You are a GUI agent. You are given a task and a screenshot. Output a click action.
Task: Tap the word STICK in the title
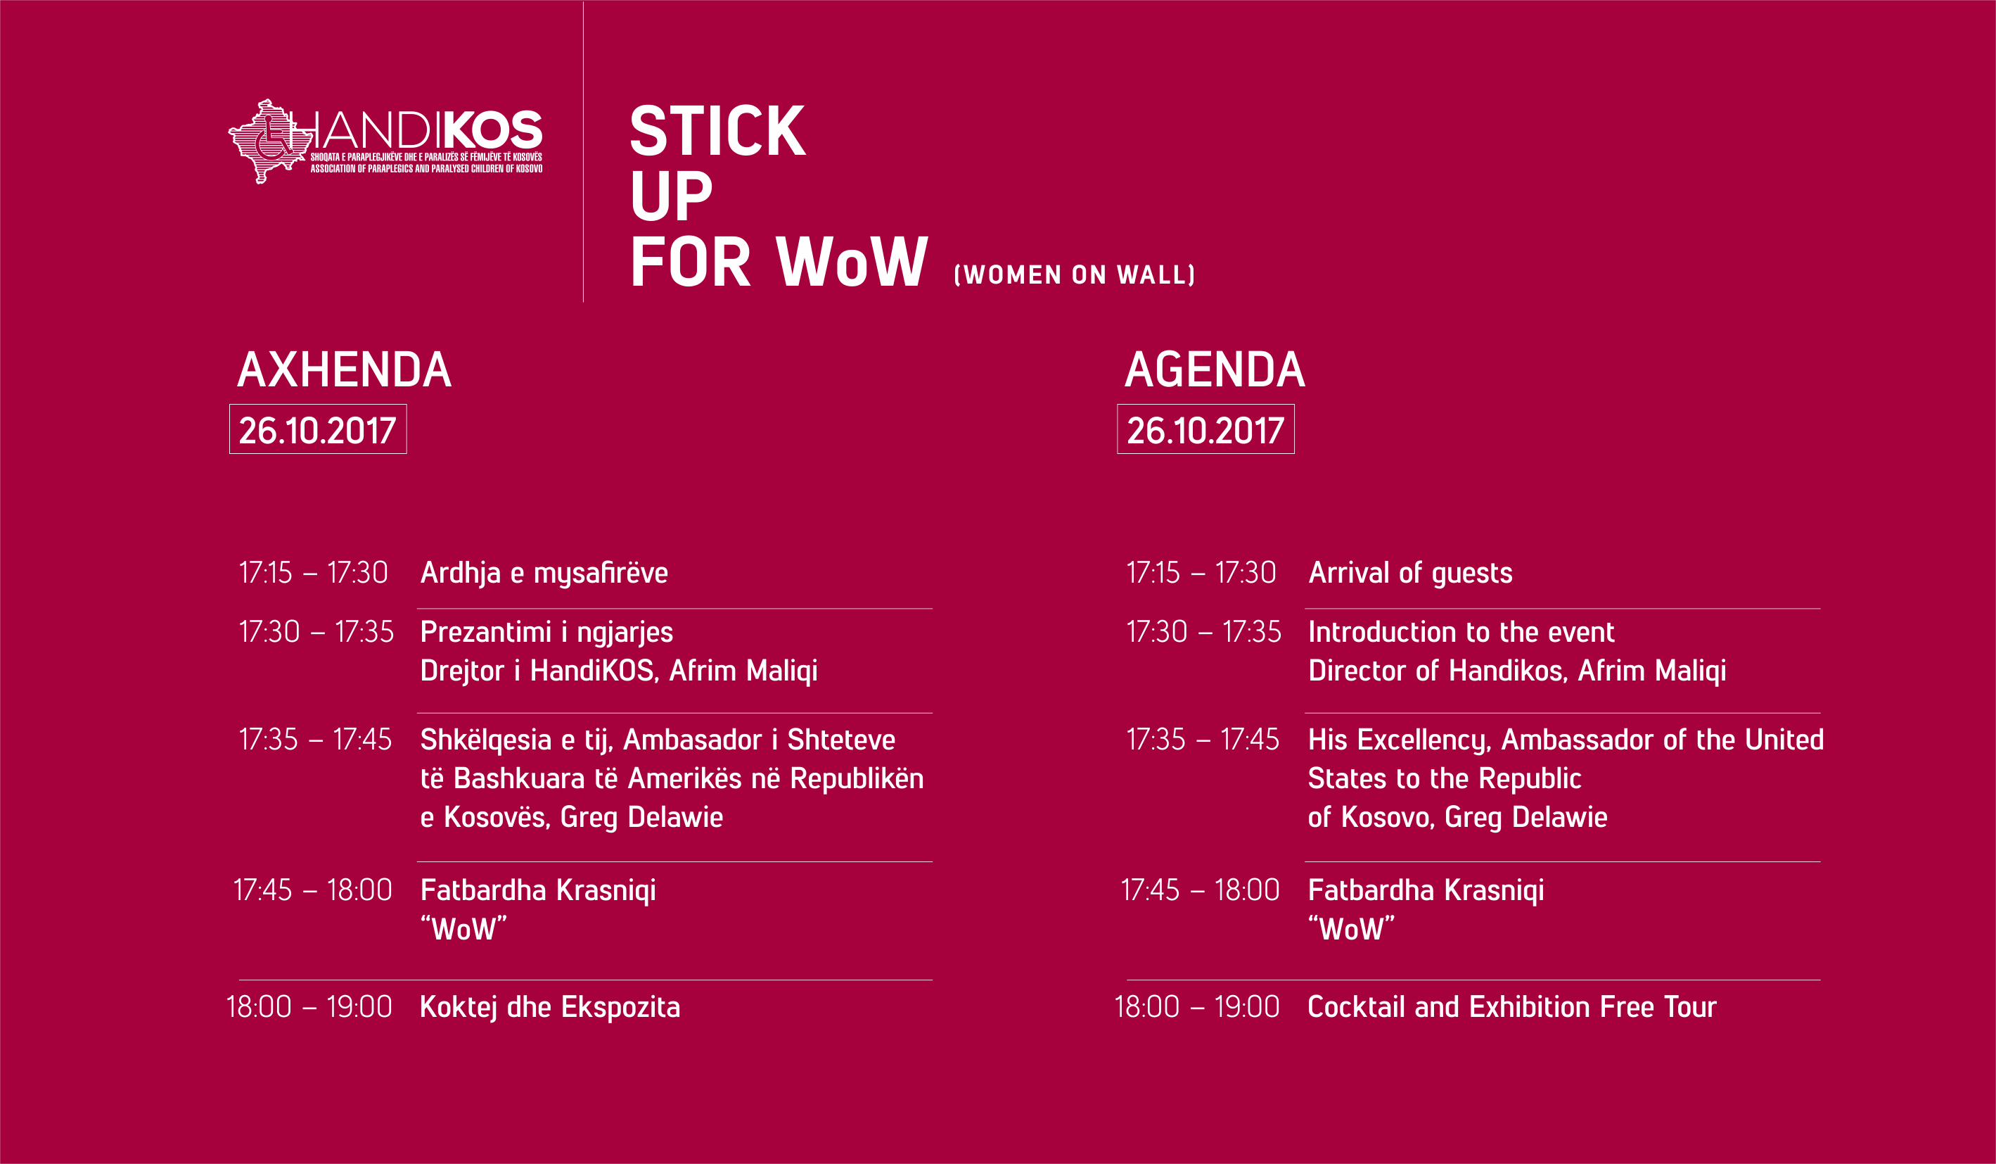[x=717, y=131]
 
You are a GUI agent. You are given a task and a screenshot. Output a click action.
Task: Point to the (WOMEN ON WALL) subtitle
[x=1075, y=275]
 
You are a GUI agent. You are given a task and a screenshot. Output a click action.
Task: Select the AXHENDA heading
[x=345, y=370]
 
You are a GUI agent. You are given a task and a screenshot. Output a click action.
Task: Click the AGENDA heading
[x=1215, y=370]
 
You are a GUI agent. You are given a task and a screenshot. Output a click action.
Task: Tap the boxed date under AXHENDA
[x=318, y=429]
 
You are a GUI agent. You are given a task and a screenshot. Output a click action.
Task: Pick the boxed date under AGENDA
[x=1205, y=429]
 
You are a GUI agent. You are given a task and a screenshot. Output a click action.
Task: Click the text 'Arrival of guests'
[x=1410, y=573]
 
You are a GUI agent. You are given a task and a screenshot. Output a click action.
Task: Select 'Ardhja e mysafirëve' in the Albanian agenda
[x=544, y=573]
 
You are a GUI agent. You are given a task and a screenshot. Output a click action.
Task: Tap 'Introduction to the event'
[x=1461, y=631]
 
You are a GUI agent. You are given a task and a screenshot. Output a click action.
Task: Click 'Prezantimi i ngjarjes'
[x=546, y=632]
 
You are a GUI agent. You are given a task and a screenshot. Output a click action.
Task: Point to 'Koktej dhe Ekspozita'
[x=550, y=1007]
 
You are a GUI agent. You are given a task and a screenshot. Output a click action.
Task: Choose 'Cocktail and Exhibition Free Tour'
[x=1512, y=1007]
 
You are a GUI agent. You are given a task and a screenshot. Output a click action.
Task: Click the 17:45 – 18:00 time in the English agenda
[x=1200, y=890]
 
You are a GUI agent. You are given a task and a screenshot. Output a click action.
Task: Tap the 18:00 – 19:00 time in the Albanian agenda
[x=309, y=1007]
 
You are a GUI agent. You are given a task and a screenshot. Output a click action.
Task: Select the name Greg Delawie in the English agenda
[x=1525, y=817]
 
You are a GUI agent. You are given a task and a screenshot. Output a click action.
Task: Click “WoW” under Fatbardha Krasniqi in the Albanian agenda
[x=463, y=928]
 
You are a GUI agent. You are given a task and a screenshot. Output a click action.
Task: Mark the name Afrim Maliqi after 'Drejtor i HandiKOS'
[x=743, y=671]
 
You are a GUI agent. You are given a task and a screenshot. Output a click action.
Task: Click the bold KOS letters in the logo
[x=489, y=130]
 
